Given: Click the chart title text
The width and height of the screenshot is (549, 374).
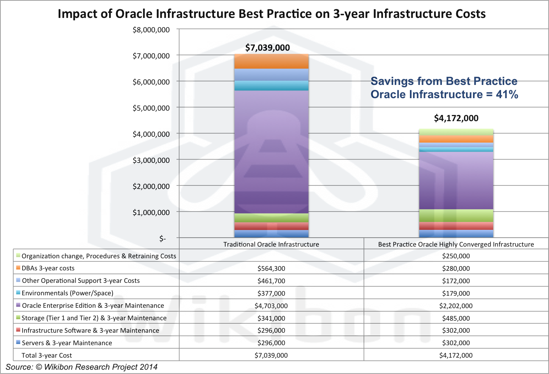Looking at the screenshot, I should pos(272,14).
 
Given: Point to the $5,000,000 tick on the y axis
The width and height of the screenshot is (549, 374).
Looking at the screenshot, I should pos(151,108).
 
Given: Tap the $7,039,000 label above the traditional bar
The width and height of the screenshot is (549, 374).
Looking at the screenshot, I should pos(267,48).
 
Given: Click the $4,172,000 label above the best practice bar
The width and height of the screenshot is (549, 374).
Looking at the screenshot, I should pos(456,118).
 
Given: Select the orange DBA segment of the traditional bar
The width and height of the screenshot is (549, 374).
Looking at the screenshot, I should pos(271,62).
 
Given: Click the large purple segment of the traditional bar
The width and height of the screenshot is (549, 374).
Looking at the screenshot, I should pos(271,152).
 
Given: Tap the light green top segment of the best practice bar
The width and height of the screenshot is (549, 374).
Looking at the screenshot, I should pos(456,132).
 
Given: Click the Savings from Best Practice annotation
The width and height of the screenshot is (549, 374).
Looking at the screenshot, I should pos(444,88).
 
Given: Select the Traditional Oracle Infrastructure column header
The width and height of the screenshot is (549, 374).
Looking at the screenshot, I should pos(271,244).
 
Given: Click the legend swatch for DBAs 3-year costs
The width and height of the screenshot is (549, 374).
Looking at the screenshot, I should pos(18,268).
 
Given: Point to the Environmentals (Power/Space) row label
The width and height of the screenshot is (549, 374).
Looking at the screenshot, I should pos(67,293).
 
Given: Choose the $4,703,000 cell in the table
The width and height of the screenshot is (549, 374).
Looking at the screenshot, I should pos(271,306).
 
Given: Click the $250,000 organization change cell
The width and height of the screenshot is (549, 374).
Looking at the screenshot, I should pos(456,256).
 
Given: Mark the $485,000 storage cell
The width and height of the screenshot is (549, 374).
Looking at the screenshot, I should pos(456,318).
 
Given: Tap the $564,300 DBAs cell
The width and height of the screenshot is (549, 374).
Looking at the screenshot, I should pos(271,268).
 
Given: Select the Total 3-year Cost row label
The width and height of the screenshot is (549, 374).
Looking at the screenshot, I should pos(47,355).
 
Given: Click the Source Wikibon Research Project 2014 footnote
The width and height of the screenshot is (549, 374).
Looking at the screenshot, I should pos(81,367).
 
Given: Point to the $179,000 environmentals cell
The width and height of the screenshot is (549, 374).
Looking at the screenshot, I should pos(456,293).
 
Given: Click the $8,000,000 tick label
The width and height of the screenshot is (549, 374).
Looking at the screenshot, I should pos(151,30).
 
